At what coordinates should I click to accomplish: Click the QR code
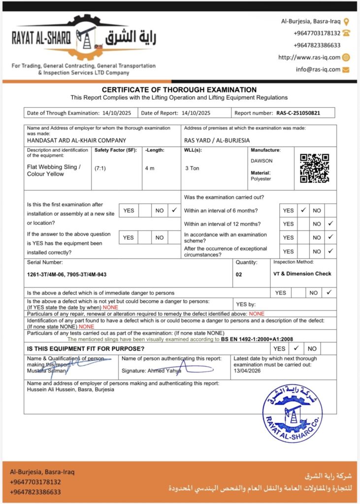[314, 168]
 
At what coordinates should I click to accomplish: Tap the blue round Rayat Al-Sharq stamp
[292, 412]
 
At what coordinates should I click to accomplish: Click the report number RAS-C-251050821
[298, 113]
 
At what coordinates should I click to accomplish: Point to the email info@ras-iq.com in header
[318, 69]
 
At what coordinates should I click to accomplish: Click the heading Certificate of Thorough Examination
[179, 90]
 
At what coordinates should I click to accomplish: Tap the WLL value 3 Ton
[192, 168]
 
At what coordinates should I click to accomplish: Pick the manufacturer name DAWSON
[262, 161]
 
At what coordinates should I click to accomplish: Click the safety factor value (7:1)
[100, 168]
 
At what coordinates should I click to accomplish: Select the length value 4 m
[150, 168]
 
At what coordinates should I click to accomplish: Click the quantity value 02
[239, 275]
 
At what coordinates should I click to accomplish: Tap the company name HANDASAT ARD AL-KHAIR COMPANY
[77, 140]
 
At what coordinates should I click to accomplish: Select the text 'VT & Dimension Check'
[302, 274]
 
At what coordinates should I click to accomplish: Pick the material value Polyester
[261, 180]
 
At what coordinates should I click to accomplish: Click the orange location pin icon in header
[346, 22]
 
